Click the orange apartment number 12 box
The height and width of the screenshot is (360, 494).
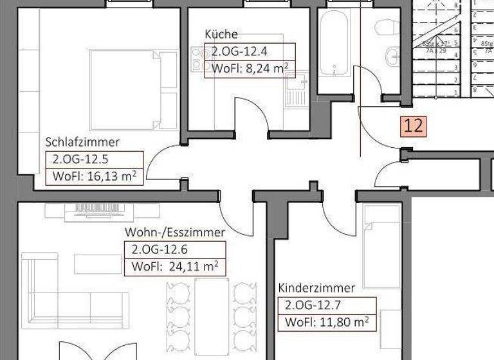pyautogui.click(x=414, y=125)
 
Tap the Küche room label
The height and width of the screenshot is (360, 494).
pyautogui.click(x=221, y=34)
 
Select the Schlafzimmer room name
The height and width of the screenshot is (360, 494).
pyautogui.click(x=82, y=142)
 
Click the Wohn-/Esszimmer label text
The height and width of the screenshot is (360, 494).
pyautogui.click(x=174, y=232)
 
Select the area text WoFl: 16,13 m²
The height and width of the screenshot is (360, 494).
pyautogui.click(x=94, y=177)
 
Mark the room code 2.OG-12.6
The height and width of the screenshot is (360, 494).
pyautogui.click(x=159, y=249)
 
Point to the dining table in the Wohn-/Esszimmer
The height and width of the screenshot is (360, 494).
pyautogui.click(x=212, y=315)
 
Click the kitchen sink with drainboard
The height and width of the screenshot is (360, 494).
pyautogui.click(x=298, y=89)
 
